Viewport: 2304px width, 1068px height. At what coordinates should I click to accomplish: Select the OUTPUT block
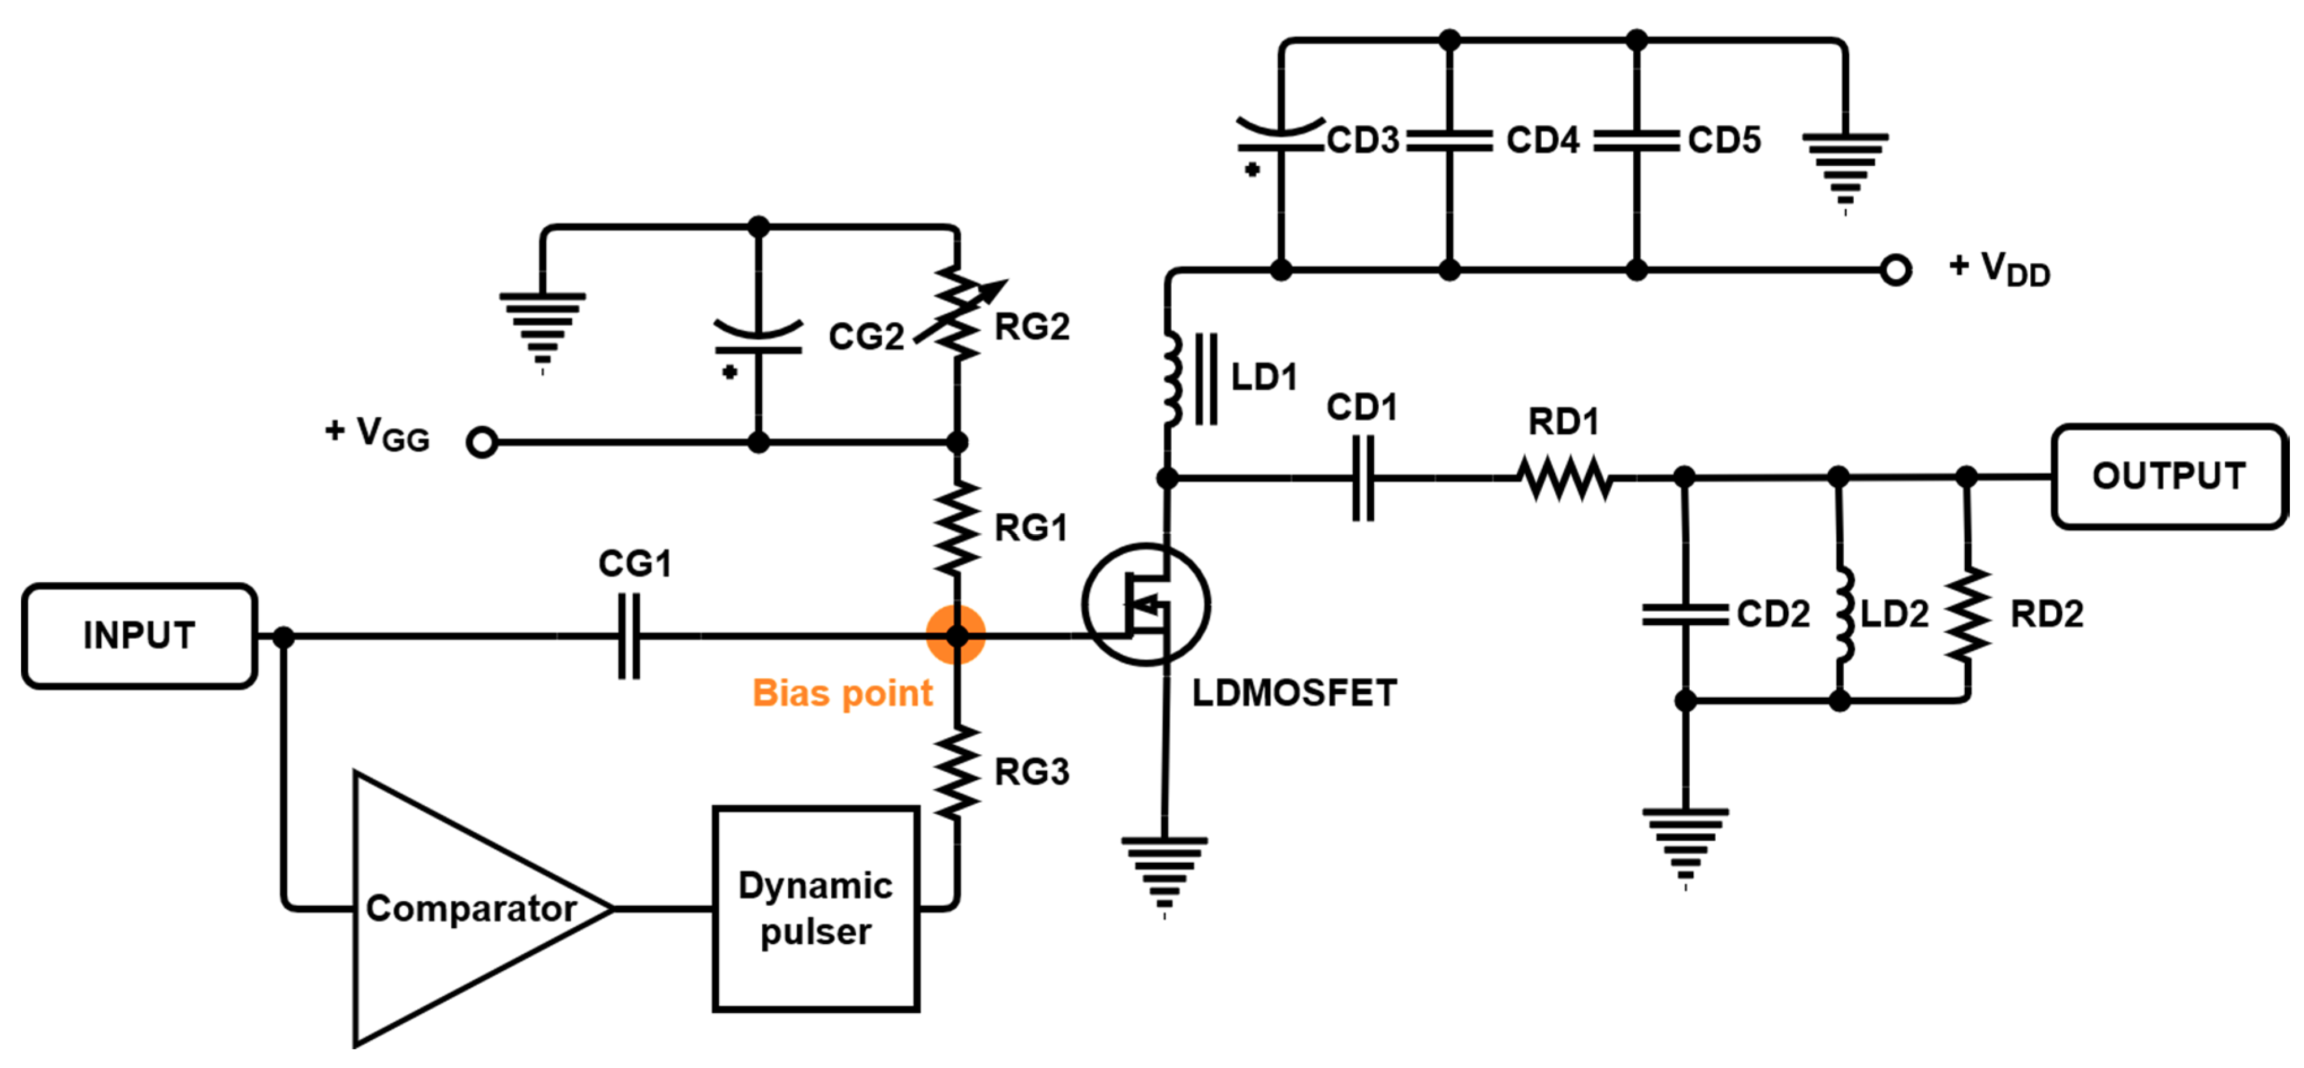2168,476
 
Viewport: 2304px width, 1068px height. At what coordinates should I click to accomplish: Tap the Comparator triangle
465,909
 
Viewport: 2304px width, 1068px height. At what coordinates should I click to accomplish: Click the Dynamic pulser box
816,909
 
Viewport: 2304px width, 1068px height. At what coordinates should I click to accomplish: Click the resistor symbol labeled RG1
957,527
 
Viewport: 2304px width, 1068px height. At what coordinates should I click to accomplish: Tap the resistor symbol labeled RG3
957,771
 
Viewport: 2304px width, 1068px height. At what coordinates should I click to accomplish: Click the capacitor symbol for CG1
629,636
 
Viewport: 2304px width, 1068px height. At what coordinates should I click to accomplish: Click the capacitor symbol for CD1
1362,478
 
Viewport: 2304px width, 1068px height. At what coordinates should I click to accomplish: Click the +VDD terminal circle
1895,269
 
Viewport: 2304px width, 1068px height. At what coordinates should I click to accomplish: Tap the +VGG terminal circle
482,442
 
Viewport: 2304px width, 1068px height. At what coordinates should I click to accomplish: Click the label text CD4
1542,140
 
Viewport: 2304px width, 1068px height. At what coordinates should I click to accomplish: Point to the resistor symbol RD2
1967,615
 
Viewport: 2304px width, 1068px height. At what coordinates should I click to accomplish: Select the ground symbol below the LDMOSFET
1164,872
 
